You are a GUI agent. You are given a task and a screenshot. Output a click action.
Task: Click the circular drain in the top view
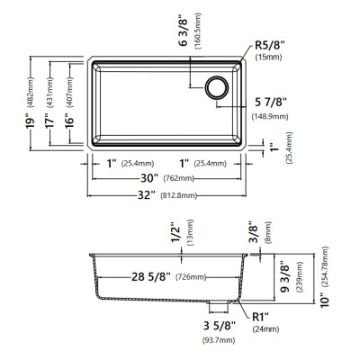[x=217, y=87]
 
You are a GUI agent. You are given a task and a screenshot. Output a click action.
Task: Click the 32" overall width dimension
[x=147, y=195]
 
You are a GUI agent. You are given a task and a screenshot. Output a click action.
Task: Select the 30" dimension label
[x=149, y=178]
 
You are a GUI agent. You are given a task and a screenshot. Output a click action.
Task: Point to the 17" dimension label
[x=49, y=121]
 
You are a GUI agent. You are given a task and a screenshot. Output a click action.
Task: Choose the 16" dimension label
[x=69, y=121]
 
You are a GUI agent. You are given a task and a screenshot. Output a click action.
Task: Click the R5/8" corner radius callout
[x=269, y=46]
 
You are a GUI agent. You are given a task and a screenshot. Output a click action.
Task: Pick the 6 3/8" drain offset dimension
[x=183, y=32]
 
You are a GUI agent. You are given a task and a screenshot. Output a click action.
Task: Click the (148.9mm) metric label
[x=270, y=116]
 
